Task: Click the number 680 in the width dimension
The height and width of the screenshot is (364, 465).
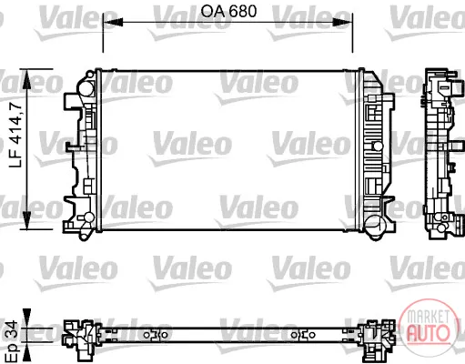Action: [243, 11]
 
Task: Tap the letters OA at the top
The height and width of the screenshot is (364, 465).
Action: [213, 11]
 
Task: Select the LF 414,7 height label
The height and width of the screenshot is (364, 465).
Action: [15, 135]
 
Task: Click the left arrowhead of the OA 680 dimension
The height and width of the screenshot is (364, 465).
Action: [113, 22]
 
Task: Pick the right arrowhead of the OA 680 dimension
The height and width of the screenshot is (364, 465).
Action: [343, 22]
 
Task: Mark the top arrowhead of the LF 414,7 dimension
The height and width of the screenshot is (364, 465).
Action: [27, 79]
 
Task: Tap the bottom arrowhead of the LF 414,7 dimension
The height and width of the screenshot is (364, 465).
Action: [27, 220]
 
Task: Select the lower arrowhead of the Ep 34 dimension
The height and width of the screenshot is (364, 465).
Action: [27, 354]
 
